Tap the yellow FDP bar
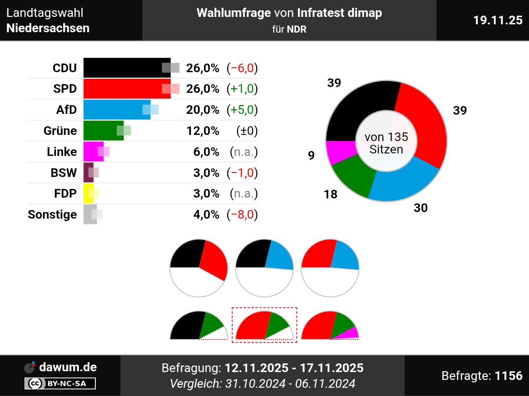[88, 193]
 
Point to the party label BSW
[64, 173]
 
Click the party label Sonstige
[52, 214]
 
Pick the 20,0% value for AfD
[203, 110]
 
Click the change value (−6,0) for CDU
[242, 68]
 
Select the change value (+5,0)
[242, 110]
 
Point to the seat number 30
[421, 208]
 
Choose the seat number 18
[331, 194]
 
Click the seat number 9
[312, 156]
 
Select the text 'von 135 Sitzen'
[386, 143]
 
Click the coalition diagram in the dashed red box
[264, 325]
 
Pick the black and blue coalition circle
[264, 268]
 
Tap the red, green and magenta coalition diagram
[330, 326]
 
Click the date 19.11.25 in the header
[498, 20]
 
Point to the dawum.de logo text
[68, 367]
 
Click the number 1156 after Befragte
[508, 376]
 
